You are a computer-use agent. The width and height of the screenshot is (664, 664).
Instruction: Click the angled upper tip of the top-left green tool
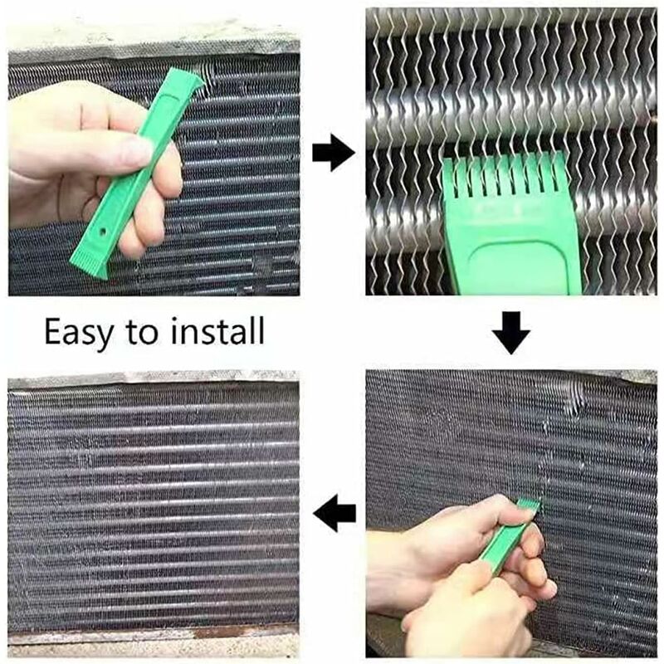[196, 81]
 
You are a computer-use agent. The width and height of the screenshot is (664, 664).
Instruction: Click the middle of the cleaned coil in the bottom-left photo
[154, 506]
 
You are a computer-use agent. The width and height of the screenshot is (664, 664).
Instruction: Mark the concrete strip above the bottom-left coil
[154, 378]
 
